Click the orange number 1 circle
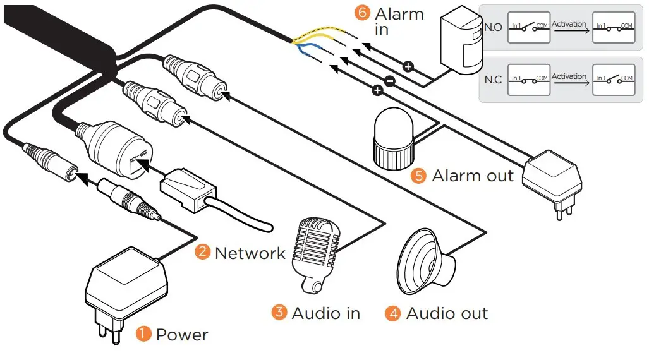[144, 334]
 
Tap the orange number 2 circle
[202, 253]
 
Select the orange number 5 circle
[418, 175]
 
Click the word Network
[250, 253]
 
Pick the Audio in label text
[325, 313]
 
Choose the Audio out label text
[447, 313]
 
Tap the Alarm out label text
[473, 176]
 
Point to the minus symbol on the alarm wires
[389, 80]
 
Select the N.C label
[493, 80]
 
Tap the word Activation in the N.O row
[569, 24]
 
